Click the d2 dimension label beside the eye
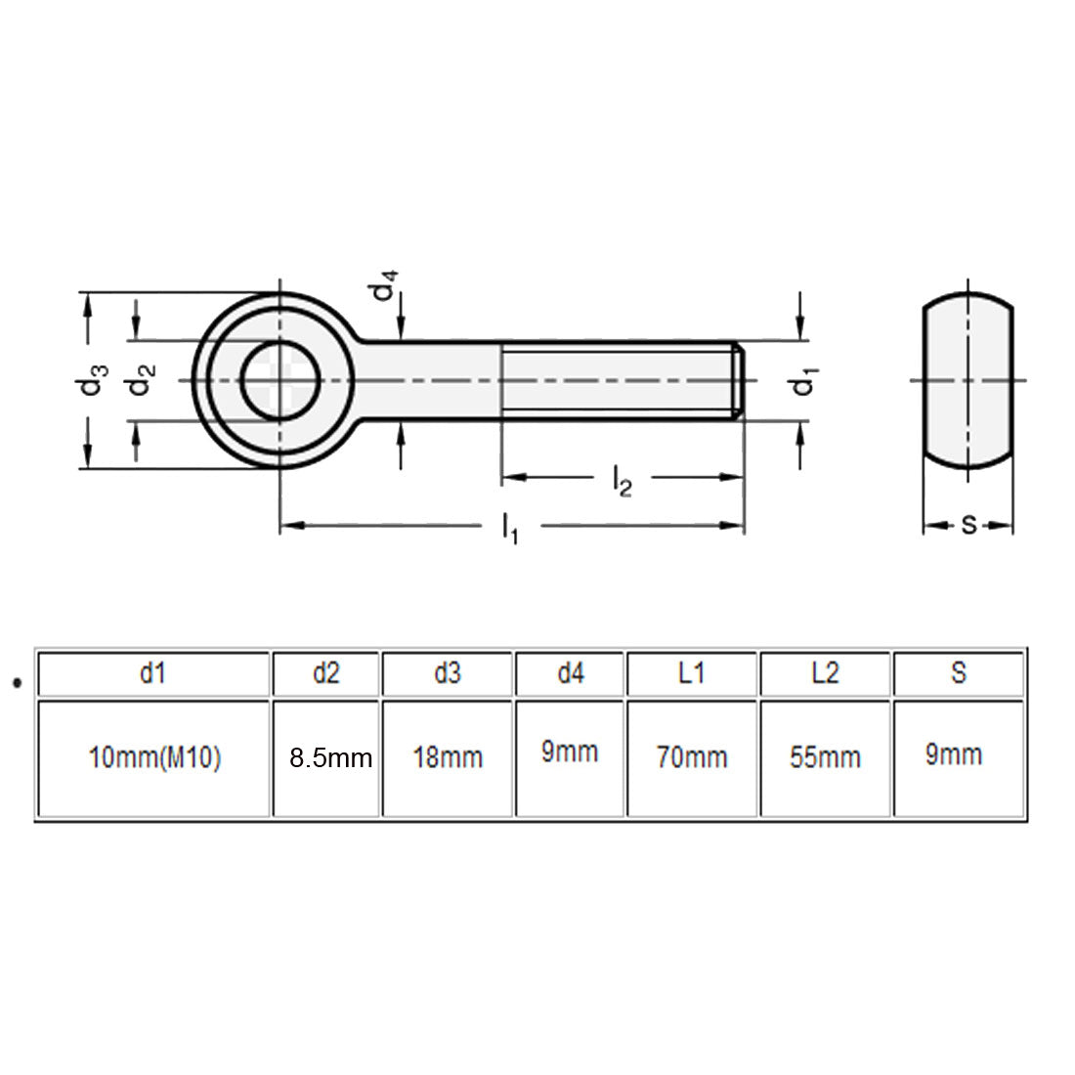pyautogui.click(x=143, y=380)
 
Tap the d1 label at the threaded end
pyautogui.click(x=804, y=381)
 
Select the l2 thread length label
pyautogui.click(x=622, y=480)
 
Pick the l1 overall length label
pyautogui.click(x=510, y=529)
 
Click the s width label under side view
pyautogui.click(x=968, y=525)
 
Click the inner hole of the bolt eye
pyautogui.click(x=281, y=380)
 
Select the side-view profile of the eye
pyautogui.click(x=968, y=380)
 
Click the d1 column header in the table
pyautogui.click(x=152, y=672)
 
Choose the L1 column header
pyautogui.click(x=691, y=672)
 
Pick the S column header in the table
pyautogui.click(x=958, y=672)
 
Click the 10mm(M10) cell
pyautogui.click(x=154, y=757)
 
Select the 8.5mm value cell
pyautogui.click(x=330, y=757)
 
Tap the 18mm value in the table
pyautogui.click(x=448, y=757)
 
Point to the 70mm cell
pyautogui.click(x=692, y=757)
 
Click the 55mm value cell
pyautogui.click(x=825, y=757)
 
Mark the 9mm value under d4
pyautogui.click(x=570, y=752)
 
